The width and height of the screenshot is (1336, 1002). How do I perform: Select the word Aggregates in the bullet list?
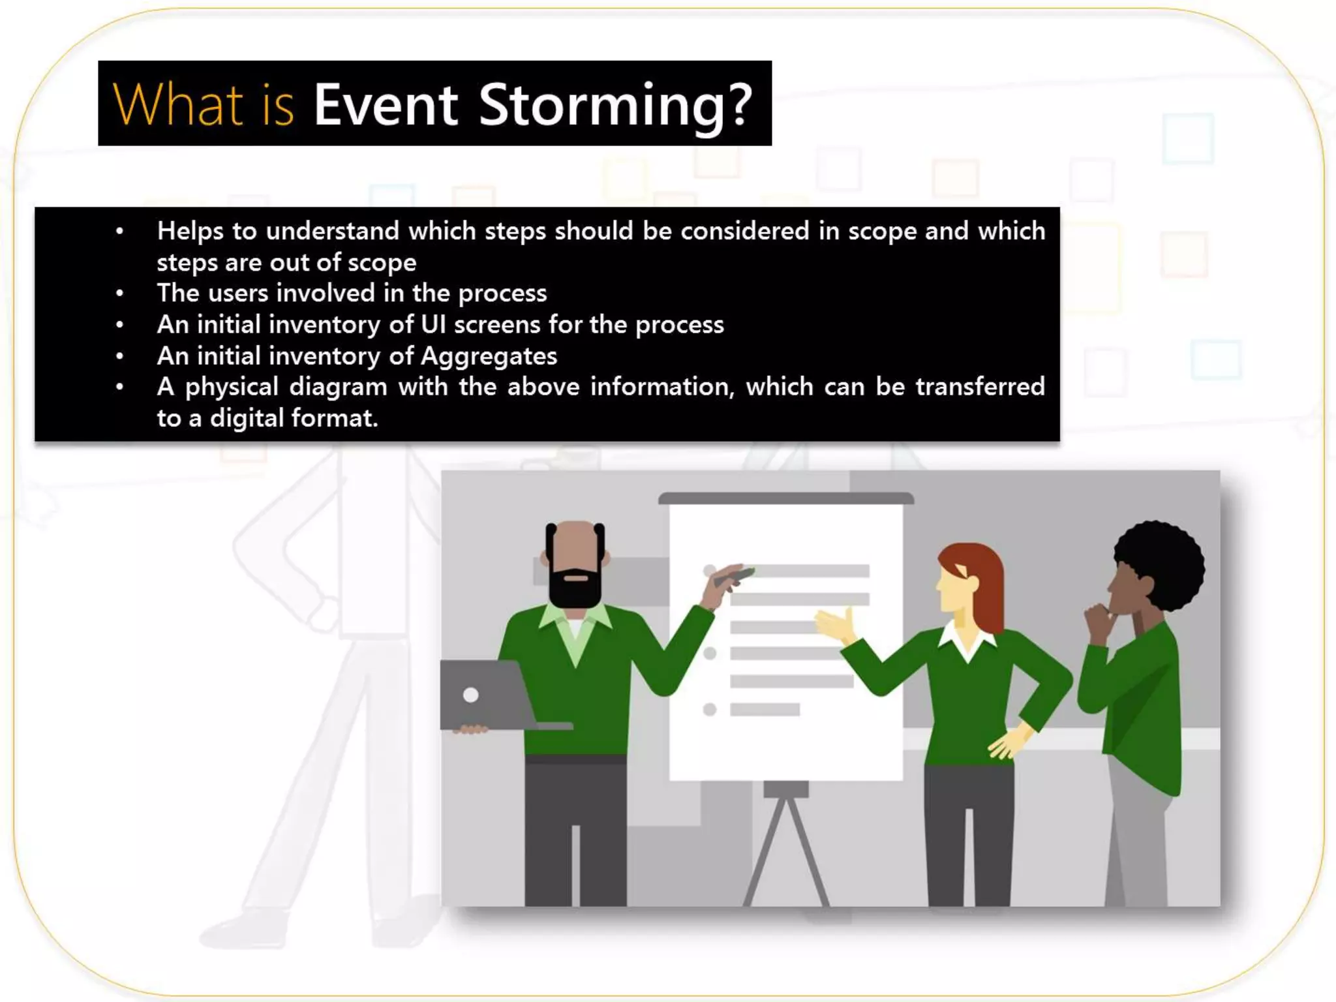[489, 356]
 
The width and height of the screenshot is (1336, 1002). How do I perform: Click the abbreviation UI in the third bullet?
[433, 325]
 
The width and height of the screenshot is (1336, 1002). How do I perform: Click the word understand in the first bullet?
[333, 231]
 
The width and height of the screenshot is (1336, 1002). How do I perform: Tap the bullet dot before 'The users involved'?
[119, 294]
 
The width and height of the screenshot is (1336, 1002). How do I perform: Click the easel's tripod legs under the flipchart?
[786, 848]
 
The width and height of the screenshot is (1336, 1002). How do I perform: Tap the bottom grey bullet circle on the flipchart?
[710, 709]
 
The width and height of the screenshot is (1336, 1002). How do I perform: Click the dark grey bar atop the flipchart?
[785, 498]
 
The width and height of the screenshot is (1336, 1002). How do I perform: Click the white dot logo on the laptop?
[471, 695]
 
